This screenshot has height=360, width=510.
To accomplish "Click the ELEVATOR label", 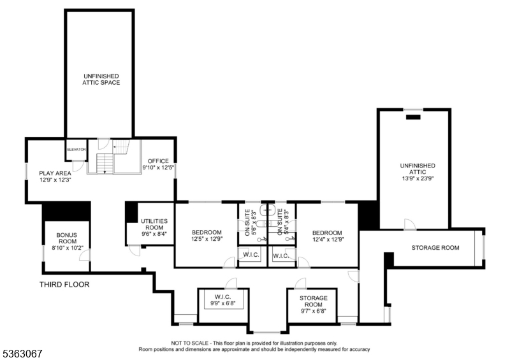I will pyautogui.click(x=76, y=149).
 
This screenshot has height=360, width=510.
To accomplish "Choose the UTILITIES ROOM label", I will pyautogui.click(x=154, y=224).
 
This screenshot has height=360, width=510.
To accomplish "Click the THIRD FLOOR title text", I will pyautogui.click(x=64, y=285).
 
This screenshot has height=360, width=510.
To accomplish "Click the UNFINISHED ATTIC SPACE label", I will pyautogui.click(x=101, y=79).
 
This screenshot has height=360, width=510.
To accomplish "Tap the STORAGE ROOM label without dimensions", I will pyautogui.click(x=435, y=247).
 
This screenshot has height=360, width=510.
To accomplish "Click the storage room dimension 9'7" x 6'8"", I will pyautogui.click(x=313, y=312).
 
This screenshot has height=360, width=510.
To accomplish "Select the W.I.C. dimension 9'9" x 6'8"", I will pyautogui.click(x=223, y=303).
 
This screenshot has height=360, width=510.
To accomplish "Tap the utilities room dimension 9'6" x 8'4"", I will pyautogui.click(x=154, y=234).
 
